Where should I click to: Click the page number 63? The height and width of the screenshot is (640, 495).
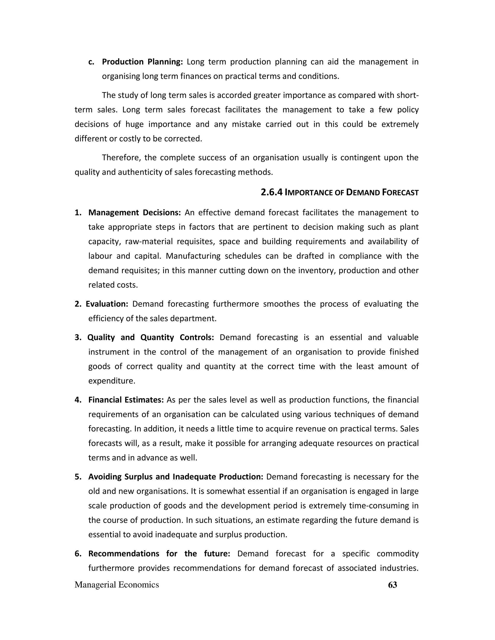(392, 585)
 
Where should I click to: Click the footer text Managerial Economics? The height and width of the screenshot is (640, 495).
(117, 585)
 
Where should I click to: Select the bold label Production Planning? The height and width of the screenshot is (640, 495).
(142, 62)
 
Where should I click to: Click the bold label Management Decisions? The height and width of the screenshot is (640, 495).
(135, 213)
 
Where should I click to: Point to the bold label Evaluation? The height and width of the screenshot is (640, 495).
(107, 304)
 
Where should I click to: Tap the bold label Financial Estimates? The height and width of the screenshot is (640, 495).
(126, 400)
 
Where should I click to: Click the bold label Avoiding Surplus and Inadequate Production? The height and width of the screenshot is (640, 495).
(176, 477)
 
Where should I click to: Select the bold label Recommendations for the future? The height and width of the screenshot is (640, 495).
(159, 554)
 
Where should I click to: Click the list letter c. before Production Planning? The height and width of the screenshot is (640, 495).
(91, 62)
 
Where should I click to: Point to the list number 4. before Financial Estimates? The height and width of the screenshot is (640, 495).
(78, 400)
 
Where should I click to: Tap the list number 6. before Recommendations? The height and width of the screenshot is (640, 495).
(78, 554)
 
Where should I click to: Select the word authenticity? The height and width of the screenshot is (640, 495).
(140, 172)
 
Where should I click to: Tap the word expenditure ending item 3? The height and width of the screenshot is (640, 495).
(111, 381)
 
